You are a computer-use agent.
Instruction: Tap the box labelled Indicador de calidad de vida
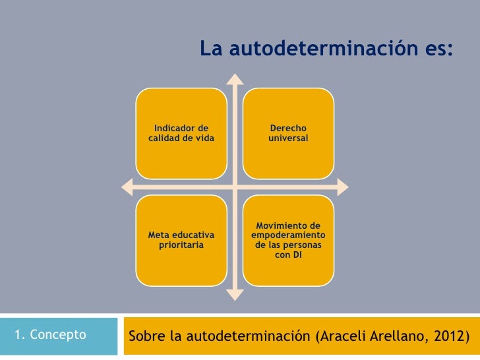pos(181,133)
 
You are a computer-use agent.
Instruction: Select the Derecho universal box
pos(288,133)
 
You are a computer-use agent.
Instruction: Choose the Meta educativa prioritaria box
pos(181,240)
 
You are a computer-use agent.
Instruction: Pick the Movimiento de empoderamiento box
pos(288,240)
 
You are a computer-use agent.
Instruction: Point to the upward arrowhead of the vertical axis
pos(234,78)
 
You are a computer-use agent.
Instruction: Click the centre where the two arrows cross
pos(234,187)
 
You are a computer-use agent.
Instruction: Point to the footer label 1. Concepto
pos(49,335)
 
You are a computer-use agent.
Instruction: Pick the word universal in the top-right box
pos(288,138)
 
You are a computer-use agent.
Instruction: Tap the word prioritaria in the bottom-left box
pos(181,245)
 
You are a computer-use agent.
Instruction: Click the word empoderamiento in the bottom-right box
pos(288,235)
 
